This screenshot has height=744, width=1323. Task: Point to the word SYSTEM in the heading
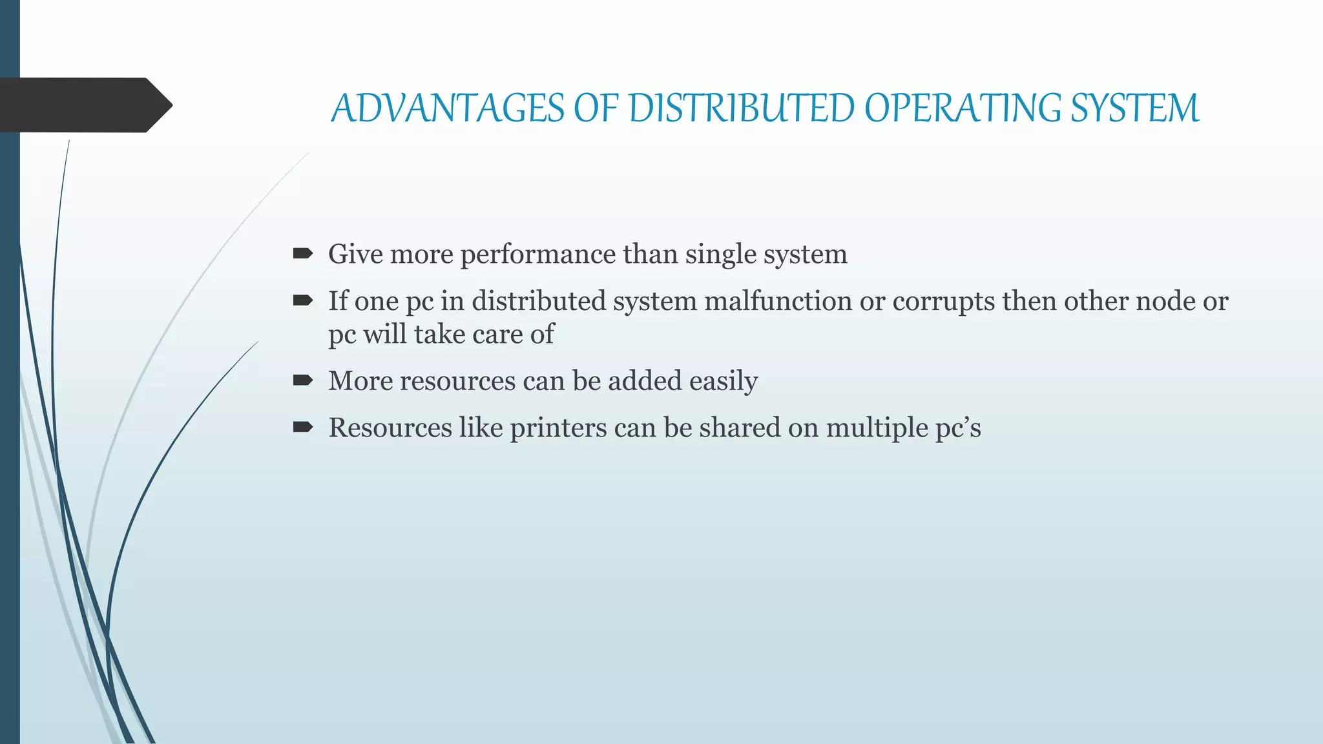click(x=1135, y=108)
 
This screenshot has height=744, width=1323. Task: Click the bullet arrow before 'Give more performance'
click(x=302, y=254)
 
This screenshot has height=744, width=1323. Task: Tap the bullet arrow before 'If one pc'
click(x=302, y=301)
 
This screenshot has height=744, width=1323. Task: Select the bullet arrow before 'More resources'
click(x=302, y=380)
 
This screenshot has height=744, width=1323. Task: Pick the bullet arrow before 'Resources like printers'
click(x=302, y=428)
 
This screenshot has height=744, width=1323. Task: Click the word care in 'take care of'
click(x=497, y=335)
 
